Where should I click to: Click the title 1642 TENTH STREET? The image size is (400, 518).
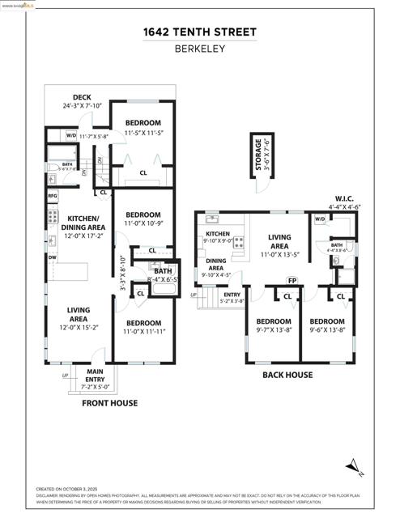[199, 32]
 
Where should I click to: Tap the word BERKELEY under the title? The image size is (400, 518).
[199, 48]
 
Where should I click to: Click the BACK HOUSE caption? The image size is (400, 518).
[287, 375]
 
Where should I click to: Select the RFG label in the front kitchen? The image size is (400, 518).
[53, 196]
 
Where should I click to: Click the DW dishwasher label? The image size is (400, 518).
[52, 257]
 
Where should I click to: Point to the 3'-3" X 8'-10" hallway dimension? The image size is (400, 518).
[121, 274]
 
